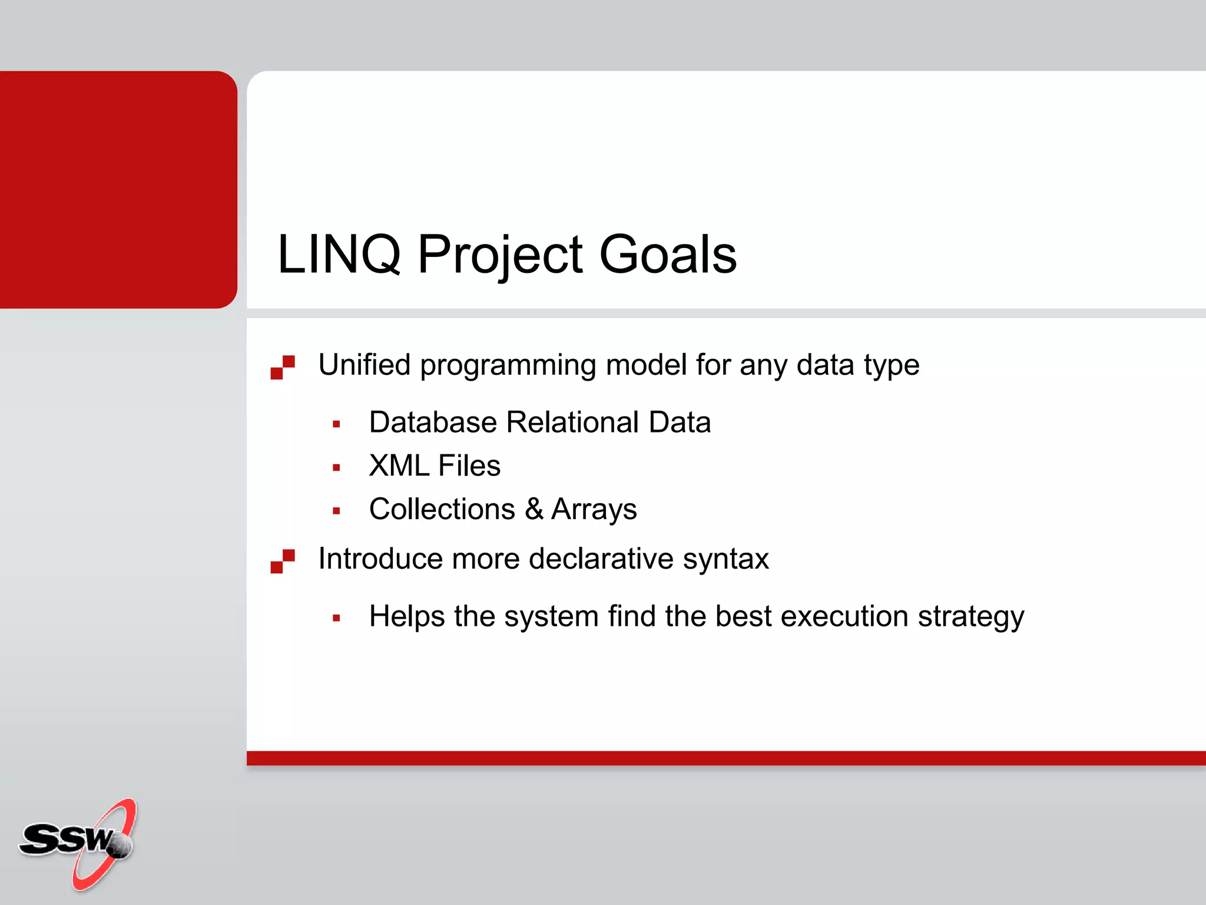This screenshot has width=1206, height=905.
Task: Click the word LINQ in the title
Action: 339,255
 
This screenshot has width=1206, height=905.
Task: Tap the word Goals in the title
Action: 668,255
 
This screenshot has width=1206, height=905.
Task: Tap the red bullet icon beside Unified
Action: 283,367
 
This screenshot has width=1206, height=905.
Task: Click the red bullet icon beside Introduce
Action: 283,561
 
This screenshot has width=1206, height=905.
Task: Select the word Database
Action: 433,422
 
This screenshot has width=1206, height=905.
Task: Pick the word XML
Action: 399,466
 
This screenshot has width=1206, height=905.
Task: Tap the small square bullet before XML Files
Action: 336,468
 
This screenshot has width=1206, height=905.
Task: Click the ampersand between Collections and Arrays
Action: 534,509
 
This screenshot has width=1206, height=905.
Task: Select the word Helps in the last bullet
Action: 406,617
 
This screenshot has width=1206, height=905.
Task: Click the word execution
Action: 844,617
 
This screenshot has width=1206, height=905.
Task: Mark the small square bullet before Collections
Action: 336,511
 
